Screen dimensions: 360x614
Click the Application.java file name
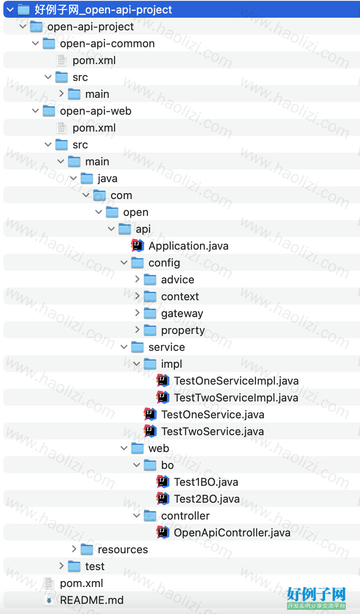pos(188,246)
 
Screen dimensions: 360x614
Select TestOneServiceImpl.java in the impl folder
pos(236,381)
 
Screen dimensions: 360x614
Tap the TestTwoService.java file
pos(212,431)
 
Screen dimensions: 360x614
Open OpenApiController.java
pos(232,533)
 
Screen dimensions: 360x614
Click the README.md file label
pos(92,600)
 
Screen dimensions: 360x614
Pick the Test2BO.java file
pos(207,499)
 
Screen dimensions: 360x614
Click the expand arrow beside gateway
pos(137,313)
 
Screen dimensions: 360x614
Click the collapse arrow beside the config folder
pos(124,263)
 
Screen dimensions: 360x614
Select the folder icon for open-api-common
pos(49,43)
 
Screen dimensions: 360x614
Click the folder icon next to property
pos(150,330)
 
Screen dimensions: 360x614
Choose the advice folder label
pos(177,280)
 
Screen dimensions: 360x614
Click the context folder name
pos(180,296)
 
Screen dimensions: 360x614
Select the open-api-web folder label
pos(96,111)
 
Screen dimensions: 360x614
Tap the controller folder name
pos(185,516)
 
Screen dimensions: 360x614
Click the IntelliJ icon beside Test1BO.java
pos(163,482)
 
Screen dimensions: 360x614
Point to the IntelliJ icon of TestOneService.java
pos(150,414)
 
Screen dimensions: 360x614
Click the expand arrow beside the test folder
pos(62,566)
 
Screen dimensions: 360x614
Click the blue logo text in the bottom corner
pos(317,594)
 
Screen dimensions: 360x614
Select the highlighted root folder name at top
pos(103,10)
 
